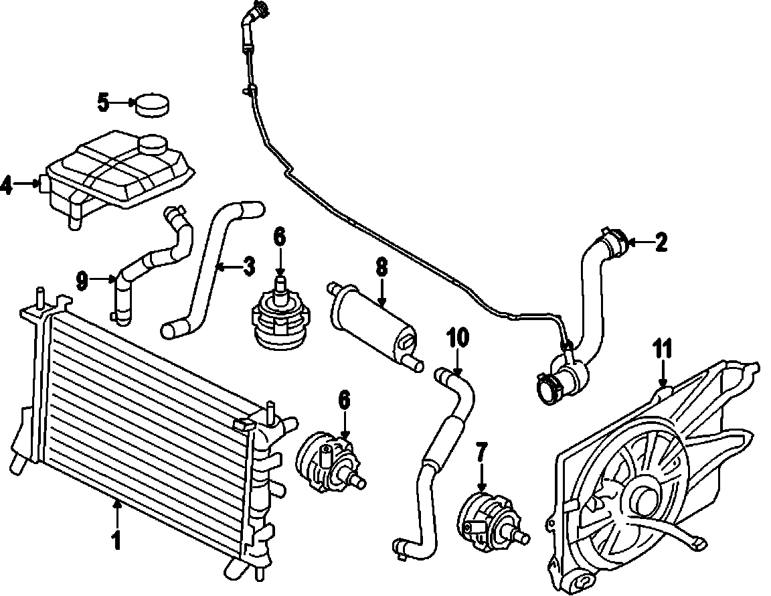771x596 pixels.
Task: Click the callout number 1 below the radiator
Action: coord(116,540)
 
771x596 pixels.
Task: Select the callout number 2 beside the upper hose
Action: coord(661,242)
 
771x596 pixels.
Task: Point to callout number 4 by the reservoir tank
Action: coord(7,184)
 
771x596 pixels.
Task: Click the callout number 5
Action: coord(102,102)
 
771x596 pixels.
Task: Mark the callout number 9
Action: coord(82,281)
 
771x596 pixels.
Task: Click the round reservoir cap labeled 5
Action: coord(153,105)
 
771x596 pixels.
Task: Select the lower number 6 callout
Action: coord(344,400)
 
